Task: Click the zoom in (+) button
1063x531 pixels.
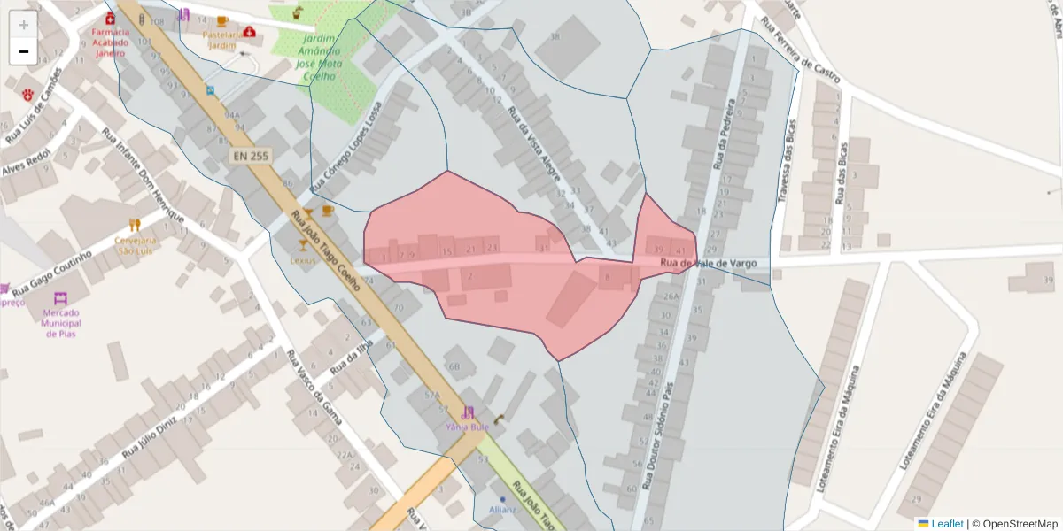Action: coord(24,25)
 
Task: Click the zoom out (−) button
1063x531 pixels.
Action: coord(24,51)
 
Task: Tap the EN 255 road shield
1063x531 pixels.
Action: coord(251,156)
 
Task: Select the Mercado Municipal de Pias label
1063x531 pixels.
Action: coord(62,323)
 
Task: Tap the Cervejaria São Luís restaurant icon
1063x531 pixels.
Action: coord(135,226)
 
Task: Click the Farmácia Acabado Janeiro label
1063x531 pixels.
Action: coord(110,42)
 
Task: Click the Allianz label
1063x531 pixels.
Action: coord(502,511)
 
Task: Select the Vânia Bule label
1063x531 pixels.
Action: coord(467,426)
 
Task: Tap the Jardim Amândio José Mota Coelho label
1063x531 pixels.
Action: coord(317,58)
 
